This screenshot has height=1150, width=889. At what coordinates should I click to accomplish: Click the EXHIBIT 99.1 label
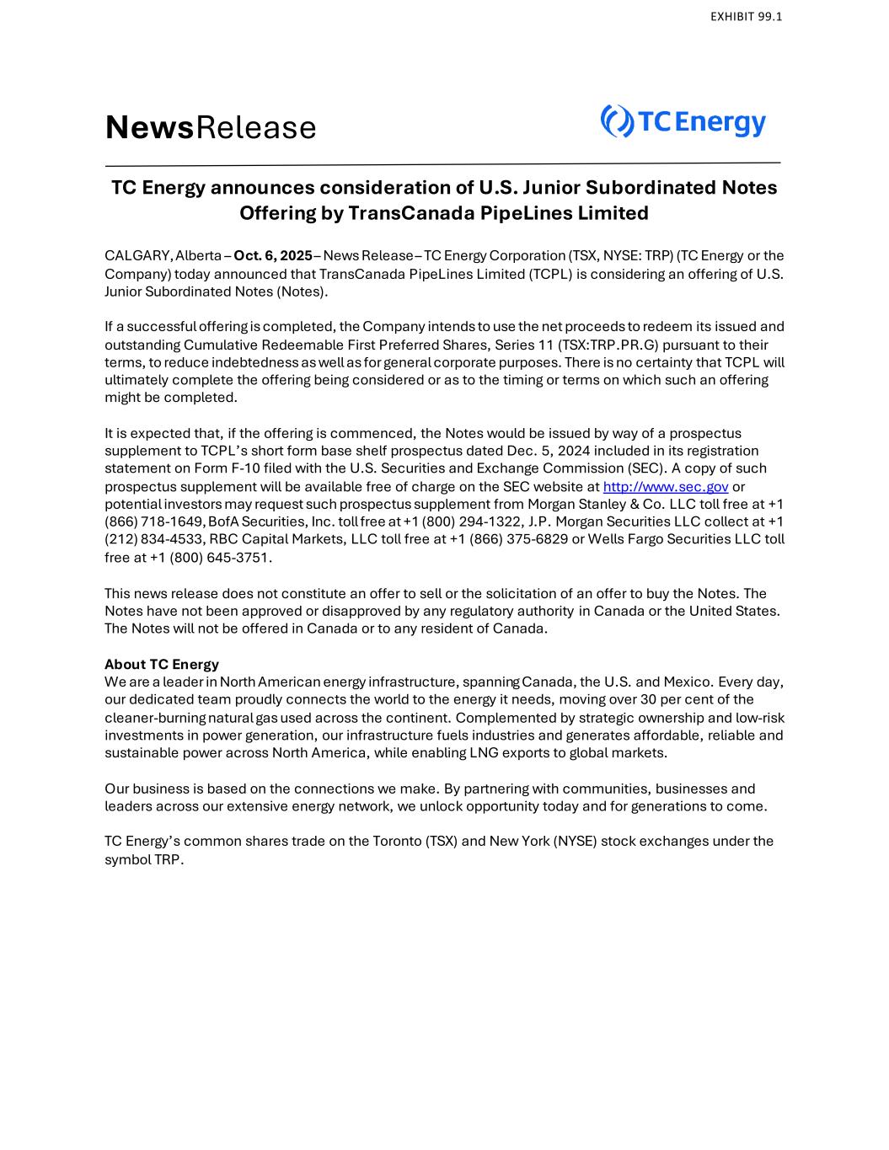pos(746,16)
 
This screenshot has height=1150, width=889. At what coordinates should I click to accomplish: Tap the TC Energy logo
pos(683,122)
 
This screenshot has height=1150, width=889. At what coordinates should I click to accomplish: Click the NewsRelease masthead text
pos(211,128)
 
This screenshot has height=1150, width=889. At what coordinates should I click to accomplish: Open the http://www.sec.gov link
pos(666,486)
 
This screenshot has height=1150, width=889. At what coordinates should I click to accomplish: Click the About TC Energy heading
pos(162,664)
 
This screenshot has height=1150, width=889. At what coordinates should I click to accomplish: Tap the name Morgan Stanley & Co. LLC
pos(596,504)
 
